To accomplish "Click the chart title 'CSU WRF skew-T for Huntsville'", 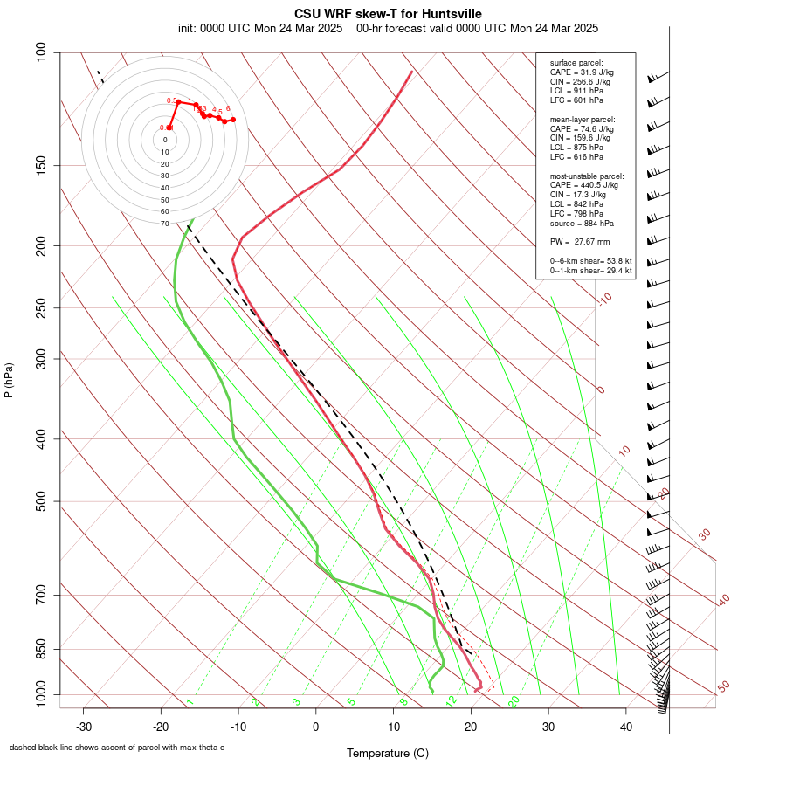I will point(388,13).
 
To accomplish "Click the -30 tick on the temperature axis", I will point(84,726).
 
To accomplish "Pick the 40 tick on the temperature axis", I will point(625,726).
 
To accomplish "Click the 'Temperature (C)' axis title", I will point(388,753).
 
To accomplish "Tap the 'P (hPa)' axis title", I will point(9,380).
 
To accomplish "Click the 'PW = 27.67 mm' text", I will point(580,241).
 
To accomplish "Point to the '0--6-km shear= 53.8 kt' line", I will point(590,261).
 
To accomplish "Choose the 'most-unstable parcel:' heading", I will point(587,176).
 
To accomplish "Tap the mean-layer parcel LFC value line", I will point(576,157).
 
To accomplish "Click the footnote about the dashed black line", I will point(117,748).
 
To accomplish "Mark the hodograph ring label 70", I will point(165,224).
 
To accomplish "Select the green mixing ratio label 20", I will point(514,700).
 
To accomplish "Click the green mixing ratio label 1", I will point(190,701).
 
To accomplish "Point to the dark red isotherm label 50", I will point(723,686).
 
